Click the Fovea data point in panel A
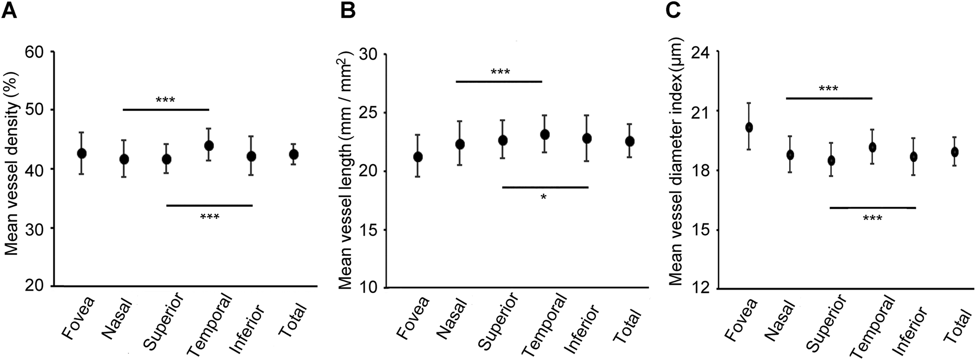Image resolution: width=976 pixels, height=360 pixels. pyautogui.click(x=82, y=153)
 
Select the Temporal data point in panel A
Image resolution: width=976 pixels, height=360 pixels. pyautogui.click(x=209, y=145)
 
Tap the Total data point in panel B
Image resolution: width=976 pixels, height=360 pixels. pyautogui.click(x=629, y=141)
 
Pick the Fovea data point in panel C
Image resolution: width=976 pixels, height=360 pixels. pyautogui.click(x=749, y=127)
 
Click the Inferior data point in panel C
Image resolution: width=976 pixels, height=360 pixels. pyautogui.click(x=913, y=157)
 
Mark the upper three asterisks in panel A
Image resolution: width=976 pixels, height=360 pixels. pyautogui.click(x=165, y=100)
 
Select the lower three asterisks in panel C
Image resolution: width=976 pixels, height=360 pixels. pyautogui.click(x=873, y=219)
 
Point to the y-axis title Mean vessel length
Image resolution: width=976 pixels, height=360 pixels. pyautogui.click(x=346, y=169)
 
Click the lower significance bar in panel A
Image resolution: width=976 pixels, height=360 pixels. pyautogui.click(x=209, y=205)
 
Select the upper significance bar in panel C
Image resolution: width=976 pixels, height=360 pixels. pyautogui.click(x=829, y=98)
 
